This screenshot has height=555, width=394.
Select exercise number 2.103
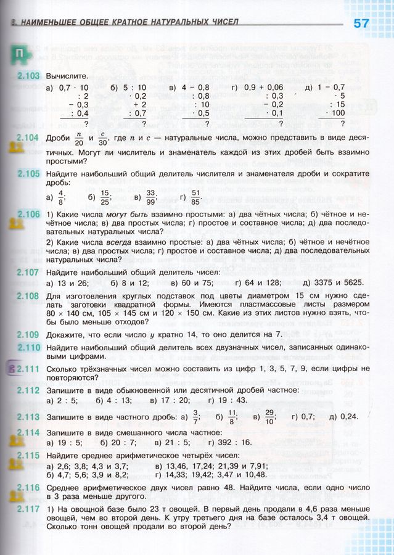click(28, 76)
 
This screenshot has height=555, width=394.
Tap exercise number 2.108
click(28, 296)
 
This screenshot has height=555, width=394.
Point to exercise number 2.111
click(28, 368)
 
